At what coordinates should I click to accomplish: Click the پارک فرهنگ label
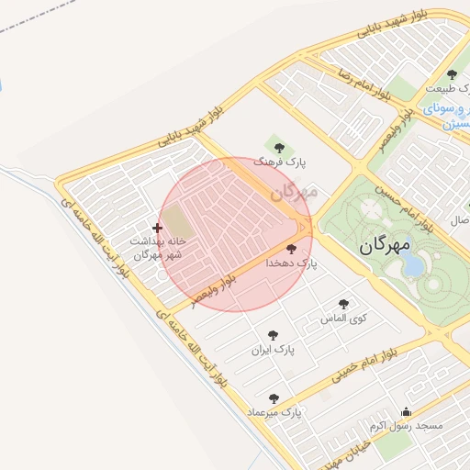(281, 162)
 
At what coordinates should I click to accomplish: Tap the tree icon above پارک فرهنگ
(280, 147)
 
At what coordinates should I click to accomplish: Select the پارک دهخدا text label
(292, 263)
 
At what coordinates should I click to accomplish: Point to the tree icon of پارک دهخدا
(292, 249)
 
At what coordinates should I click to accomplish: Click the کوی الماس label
(343, 319)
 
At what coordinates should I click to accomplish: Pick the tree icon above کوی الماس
(343, 304)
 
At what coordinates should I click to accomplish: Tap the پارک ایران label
(272, 351)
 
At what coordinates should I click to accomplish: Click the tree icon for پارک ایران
(272, 336)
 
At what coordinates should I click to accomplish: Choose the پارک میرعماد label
(274, 412)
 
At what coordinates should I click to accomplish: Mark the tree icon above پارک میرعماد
(274, 398)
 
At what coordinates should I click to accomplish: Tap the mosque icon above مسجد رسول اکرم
(406, 411)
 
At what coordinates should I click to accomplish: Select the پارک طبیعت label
(451, 89)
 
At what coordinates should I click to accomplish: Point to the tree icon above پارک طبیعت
(451, 74)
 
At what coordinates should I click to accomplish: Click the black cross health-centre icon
(157, 227)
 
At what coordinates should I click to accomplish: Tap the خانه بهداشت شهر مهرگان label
(157, 247)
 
